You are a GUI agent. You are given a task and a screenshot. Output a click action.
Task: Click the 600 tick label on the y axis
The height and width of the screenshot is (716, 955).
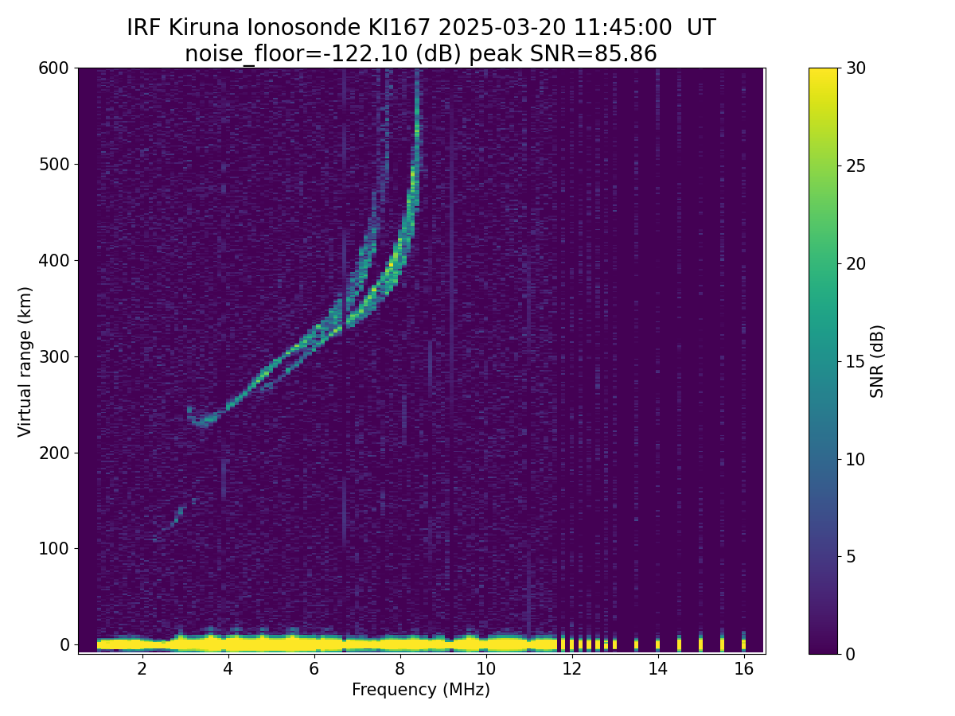coord(53,68)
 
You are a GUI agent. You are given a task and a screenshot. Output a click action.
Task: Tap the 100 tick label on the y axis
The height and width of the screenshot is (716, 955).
coord(53,548)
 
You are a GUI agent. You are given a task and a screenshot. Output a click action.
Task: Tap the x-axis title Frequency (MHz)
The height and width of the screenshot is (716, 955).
coord(421,690)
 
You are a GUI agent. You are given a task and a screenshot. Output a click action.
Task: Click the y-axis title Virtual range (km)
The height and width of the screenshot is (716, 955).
coord(25,361)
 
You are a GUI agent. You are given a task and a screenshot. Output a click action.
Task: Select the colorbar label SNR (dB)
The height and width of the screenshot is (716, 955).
coord(877,361)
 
